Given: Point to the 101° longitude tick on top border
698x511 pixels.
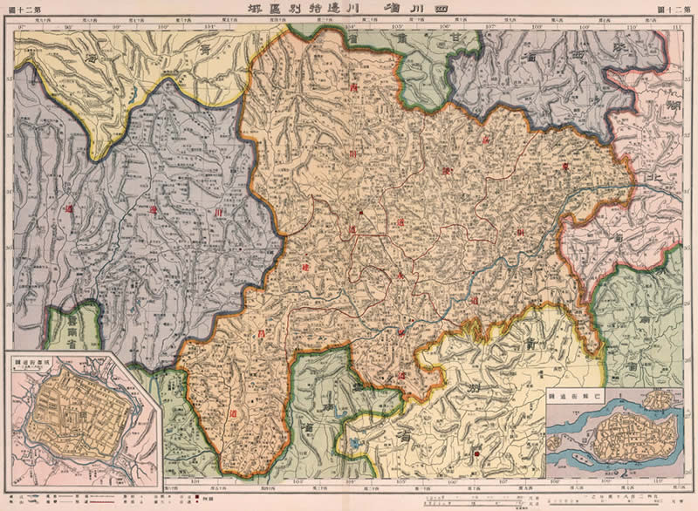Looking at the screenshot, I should coord(209,25).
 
